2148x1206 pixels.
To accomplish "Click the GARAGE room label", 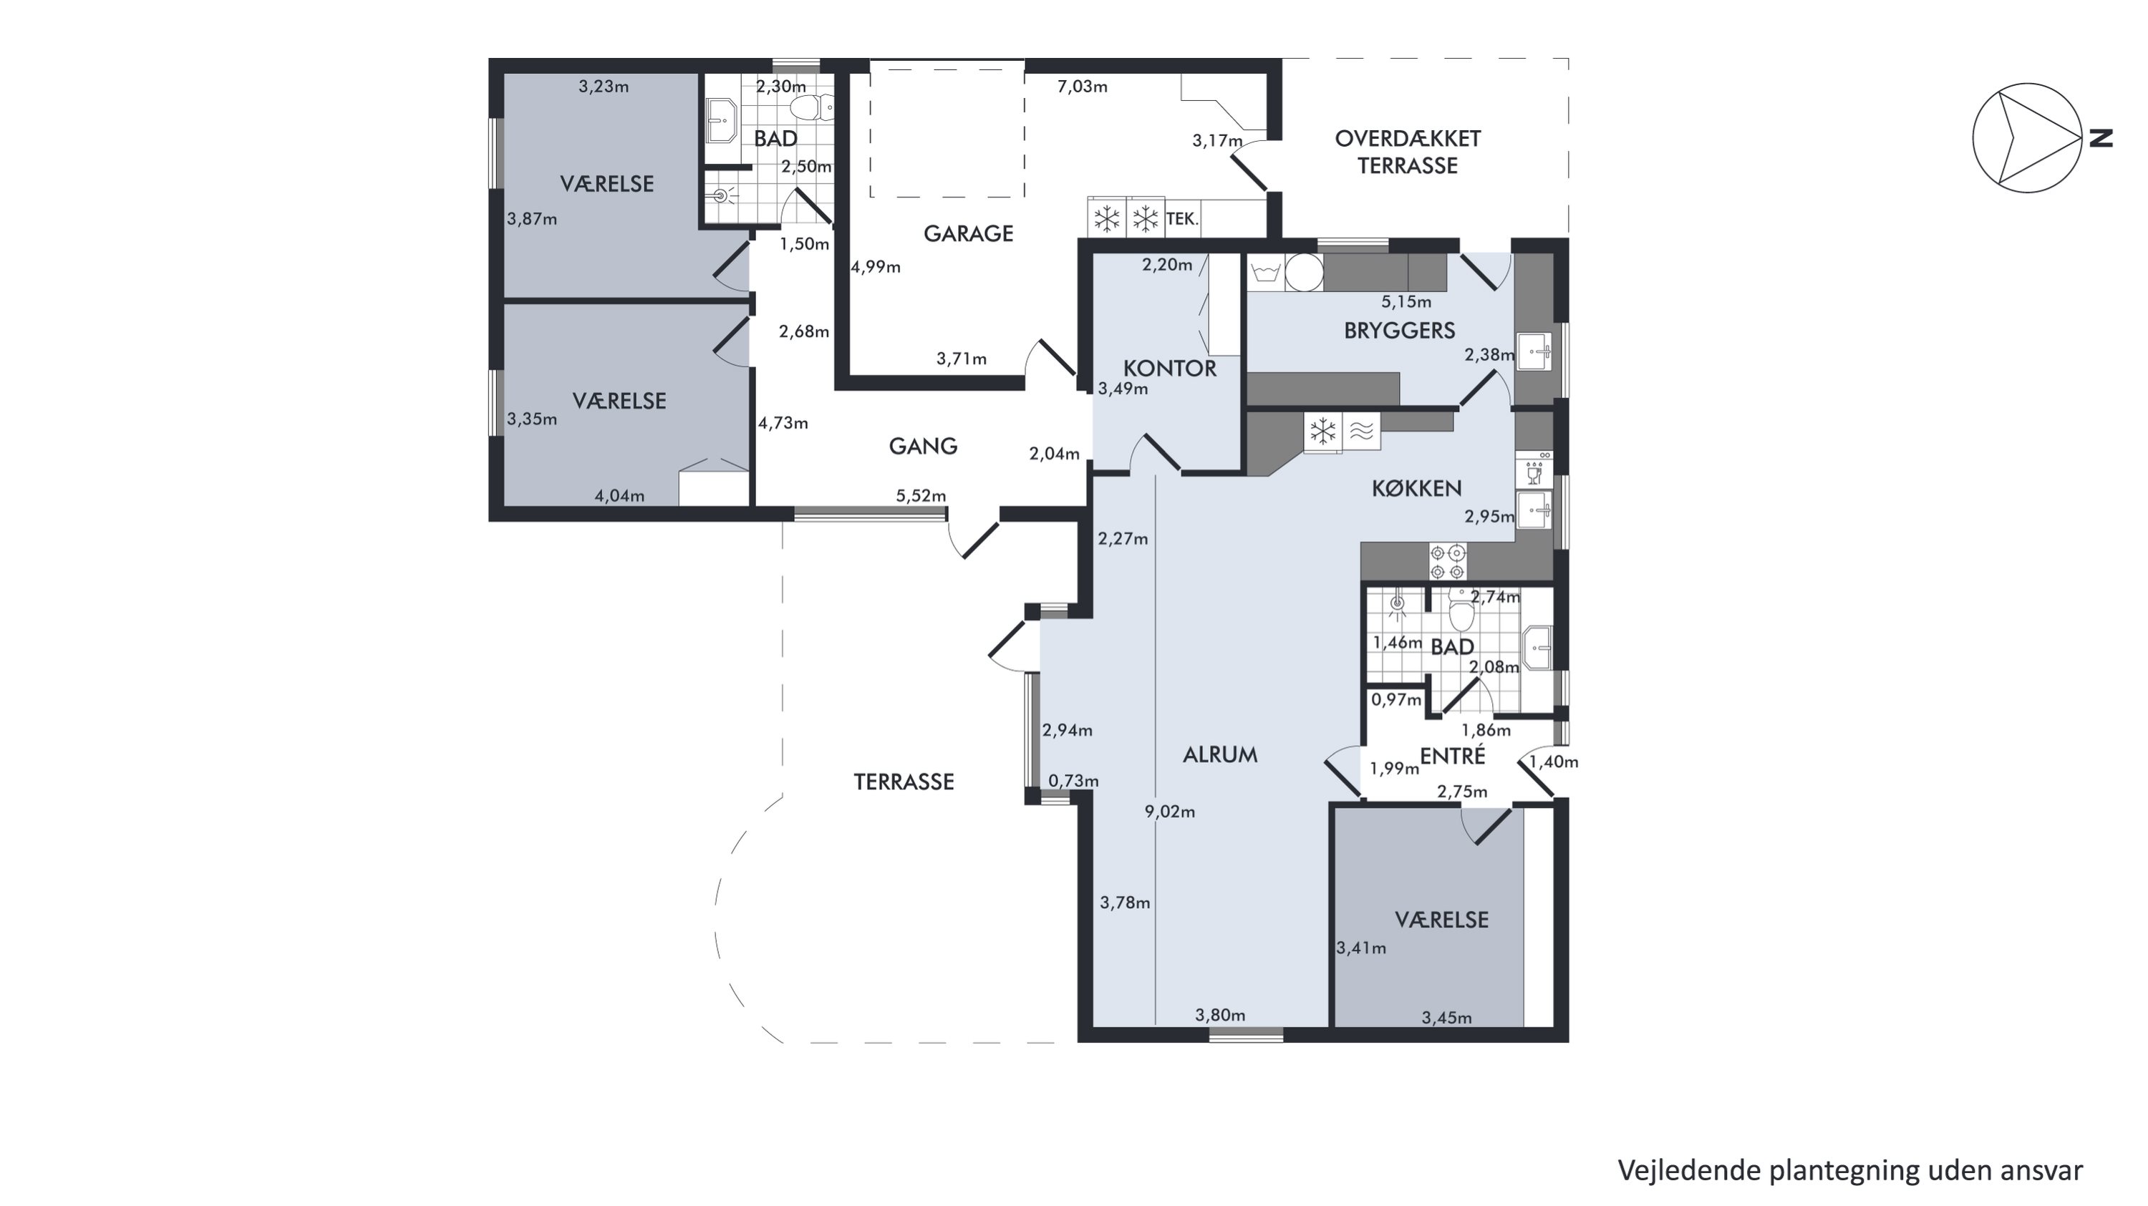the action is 968,233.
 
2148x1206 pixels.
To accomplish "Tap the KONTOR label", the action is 1169,369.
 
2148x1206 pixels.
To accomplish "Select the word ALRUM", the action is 1220,755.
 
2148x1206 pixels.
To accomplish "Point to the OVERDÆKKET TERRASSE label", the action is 1408,152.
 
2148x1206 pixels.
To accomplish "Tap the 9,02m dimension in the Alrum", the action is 1170,812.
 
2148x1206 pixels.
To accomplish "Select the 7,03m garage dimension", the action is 1083,87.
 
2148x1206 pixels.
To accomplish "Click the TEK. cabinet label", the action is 1181,219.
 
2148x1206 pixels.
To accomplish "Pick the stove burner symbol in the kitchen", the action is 1447,562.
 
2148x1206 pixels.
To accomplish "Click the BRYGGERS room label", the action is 1399,331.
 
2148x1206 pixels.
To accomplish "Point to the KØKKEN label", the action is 1417,488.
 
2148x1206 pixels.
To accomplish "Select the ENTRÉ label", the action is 1453,756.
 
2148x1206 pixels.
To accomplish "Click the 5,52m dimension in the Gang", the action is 921,496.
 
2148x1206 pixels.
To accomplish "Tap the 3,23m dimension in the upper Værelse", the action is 604,87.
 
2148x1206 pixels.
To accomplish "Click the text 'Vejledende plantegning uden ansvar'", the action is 1850,1170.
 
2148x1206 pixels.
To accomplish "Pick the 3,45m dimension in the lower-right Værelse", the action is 1447,1018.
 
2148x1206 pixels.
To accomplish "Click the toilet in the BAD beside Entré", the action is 1460,613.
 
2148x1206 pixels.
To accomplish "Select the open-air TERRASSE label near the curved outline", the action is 904,782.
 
